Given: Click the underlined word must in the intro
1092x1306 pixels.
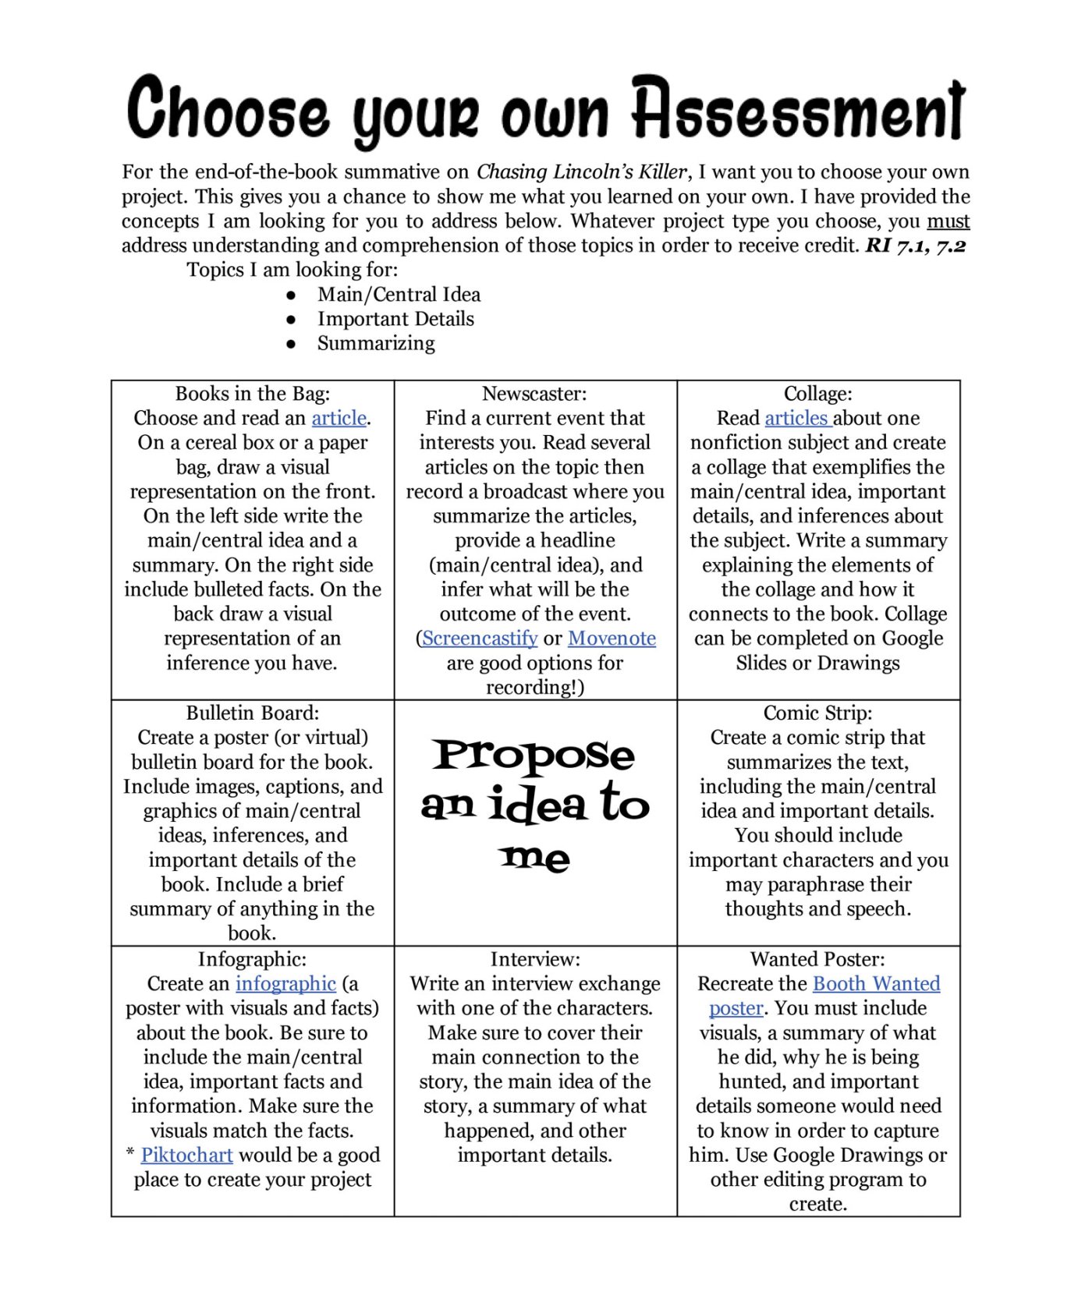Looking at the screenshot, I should click(948, 221).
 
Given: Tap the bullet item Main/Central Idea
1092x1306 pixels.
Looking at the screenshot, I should click(399, 295).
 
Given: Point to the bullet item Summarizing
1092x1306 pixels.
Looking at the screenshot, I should click(376, 344).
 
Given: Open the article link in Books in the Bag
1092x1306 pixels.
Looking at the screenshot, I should click(339, 419).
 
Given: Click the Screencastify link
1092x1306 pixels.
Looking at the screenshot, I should click(480, 639).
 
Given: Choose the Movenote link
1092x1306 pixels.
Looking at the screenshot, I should click(612, 639).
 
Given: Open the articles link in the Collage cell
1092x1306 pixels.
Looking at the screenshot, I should click(797, 419).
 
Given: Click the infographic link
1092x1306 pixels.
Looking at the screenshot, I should click(285, 984).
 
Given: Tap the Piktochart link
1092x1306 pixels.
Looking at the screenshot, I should click(186, 1156).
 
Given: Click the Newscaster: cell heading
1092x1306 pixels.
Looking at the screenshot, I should click(534, 394).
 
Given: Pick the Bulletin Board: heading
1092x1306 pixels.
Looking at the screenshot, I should click(252, 713).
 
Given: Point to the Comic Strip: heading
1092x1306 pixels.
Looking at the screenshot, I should click(817, 713).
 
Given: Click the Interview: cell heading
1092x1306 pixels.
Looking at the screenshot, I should click(535, 960).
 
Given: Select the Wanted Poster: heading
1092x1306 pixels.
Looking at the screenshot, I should click(817, 960).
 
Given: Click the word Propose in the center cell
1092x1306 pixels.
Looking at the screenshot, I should click(534, 756).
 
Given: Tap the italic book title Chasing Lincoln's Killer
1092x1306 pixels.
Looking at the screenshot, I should click(582, 172).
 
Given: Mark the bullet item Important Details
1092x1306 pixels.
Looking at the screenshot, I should click(395, 320).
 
